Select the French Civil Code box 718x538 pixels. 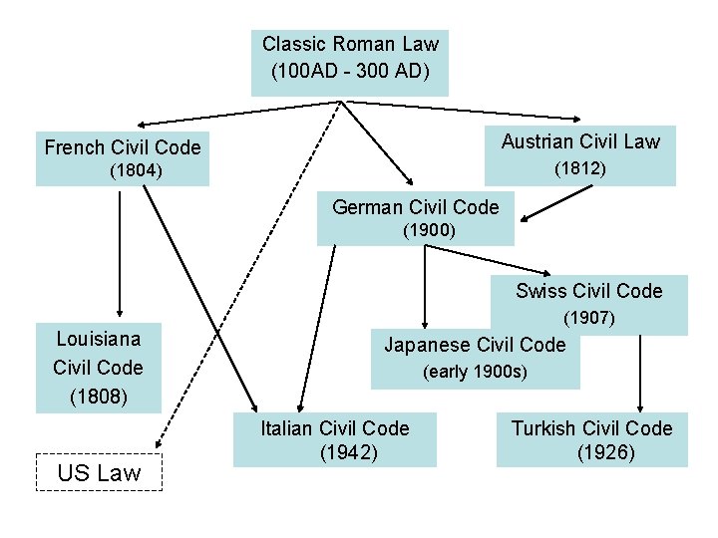tap(122, 157)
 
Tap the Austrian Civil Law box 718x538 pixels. tap(580, 154)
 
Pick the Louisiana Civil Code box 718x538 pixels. tap(98, 367)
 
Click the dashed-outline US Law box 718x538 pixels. tap(99, 472)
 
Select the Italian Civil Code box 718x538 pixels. tap(334, 439)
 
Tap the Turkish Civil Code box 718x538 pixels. tap(591, 439)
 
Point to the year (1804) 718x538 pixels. tap(136, 171)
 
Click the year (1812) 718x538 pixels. tap(579, 169)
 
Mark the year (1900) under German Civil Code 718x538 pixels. tap(429, 230)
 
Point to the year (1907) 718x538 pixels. tap(588, 319)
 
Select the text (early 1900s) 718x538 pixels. tap(475, 373)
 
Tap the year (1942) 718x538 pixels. tap(348, 452)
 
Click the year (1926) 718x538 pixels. tap(605, 452)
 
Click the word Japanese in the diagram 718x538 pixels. tap(427, 345)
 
